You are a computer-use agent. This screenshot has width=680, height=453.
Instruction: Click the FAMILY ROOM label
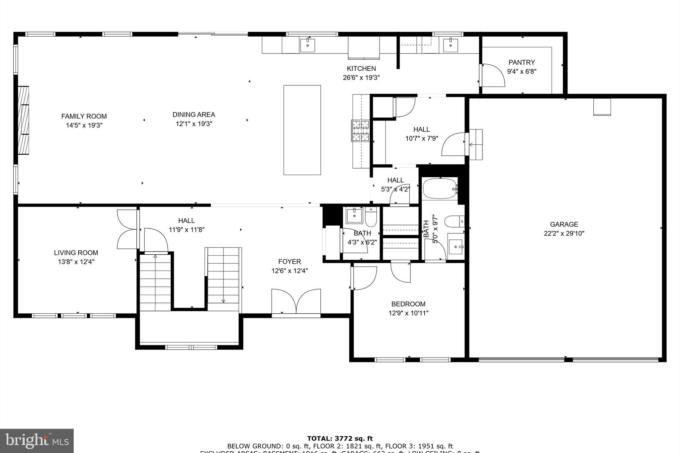click(x=84, y=116)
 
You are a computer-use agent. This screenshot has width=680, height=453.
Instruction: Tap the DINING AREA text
click(x=194, y=115)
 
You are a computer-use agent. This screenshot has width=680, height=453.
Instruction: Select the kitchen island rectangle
click(x=302, y=130)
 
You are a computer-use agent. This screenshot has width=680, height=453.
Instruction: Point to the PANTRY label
click(x=522, y=62)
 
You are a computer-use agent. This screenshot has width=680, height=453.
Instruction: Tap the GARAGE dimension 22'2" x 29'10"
click(x=564, y=233)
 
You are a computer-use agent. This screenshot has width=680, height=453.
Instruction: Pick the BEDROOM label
click(x=408, y=304)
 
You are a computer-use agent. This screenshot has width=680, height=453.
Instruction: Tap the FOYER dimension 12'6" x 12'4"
click(x=290, y=271)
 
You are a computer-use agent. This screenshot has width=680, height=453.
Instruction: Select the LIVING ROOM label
click(x=76, y=253)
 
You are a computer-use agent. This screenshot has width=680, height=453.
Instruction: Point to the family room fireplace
click(x=23, y=120)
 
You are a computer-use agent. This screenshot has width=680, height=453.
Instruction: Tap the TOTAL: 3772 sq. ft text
click(x=340, y=439)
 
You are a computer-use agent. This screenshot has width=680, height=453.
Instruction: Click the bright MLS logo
click(x=37, y=441)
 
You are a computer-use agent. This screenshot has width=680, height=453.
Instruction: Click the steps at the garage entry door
click(x=475, y=145)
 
